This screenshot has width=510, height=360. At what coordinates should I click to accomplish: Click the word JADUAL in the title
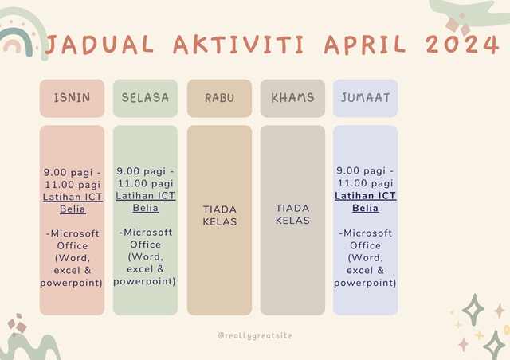coord(99,45)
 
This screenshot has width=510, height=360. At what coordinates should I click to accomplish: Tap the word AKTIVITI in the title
coord(238,45)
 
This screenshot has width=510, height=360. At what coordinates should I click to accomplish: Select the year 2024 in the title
coord(462,44)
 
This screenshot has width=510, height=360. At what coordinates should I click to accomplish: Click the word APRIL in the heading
coord(365,45)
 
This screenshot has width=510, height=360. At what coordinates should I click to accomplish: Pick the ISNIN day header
coord(72,97)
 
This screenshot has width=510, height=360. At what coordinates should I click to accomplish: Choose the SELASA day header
coord(145,97)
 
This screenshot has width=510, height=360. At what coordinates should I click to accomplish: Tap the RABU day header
coord(220,98)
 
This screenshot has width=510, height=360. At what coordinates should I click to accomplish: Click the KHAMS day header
coord(292,97)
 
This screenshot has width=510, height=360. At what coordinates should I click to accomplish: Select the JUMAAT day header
coord(365,97)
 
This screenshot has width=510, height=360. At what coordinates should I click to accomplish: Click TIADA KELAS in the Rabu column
coord(220,215)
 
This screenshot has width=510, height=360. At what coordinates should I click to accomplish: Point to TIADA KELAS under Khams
coord(292,214)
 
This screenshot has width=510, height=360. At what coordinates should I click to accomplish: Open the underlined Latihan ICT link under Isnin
coord(73,197)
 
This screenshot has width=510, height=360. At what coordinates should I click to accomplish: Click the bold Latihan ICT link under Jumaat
coord(365,196)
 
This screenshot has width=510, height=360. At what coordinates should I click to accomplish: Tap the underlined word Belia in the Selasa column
coord(145,208)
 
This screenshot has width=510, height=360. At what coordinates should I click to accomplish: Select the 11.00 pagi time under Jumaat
coord(365,183)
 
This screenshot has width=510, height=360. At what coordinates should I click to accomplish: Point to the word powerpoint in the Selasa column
coord(143,282)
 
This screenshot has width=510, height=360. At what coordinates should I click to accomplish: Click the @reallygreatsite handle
coord(255,335)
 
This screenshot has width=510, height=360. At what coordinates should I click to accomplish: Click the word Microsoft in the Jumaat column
coord(367,233)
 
